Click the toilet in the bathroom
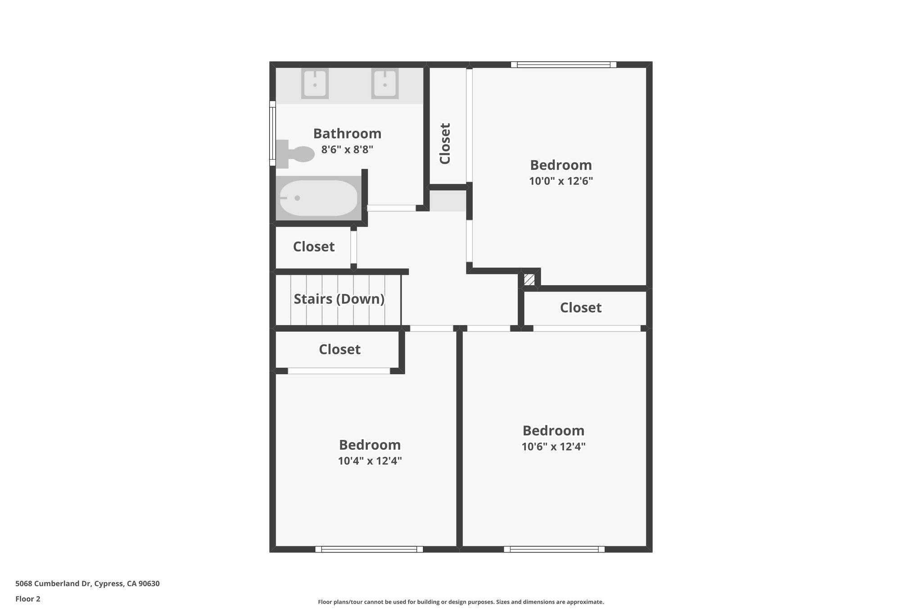click(x=297, y=154)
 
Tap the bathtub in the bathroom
click(x=318, y=198)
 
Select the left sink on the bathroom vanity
click(x=315, y=84)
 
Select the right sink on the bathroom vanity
click(x=385, y=84)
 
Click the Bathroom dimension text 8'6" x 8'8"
click(x=347, y=149)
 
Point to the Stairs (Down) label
click(x=339, y=299)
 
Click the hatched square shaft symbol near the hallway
click(x=529, y=279)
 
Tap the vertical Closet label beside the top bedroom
click(x=445, y=143)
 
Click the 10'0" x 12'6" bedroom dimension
click(x=560, y=181)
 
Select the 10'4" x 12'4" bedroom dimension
click(x=370, y=461)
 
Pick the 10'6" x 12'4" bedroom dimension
click(x=553, y=447)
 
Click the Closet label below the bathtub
click(x=314, y=246)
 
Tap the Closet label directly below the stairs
click(x=339, y=350)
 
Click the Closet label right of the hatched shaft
click(x=581, y=308)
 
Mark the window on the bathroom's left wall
click(x=272, y=133)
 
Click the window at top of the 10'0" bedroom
click(x=563, y=65)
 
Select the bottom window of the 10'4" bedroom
click(x=369, y=549)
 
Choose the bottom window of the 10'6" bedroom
click(x=554, y=549)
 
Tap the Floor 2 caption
click(x=28, y=599)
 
